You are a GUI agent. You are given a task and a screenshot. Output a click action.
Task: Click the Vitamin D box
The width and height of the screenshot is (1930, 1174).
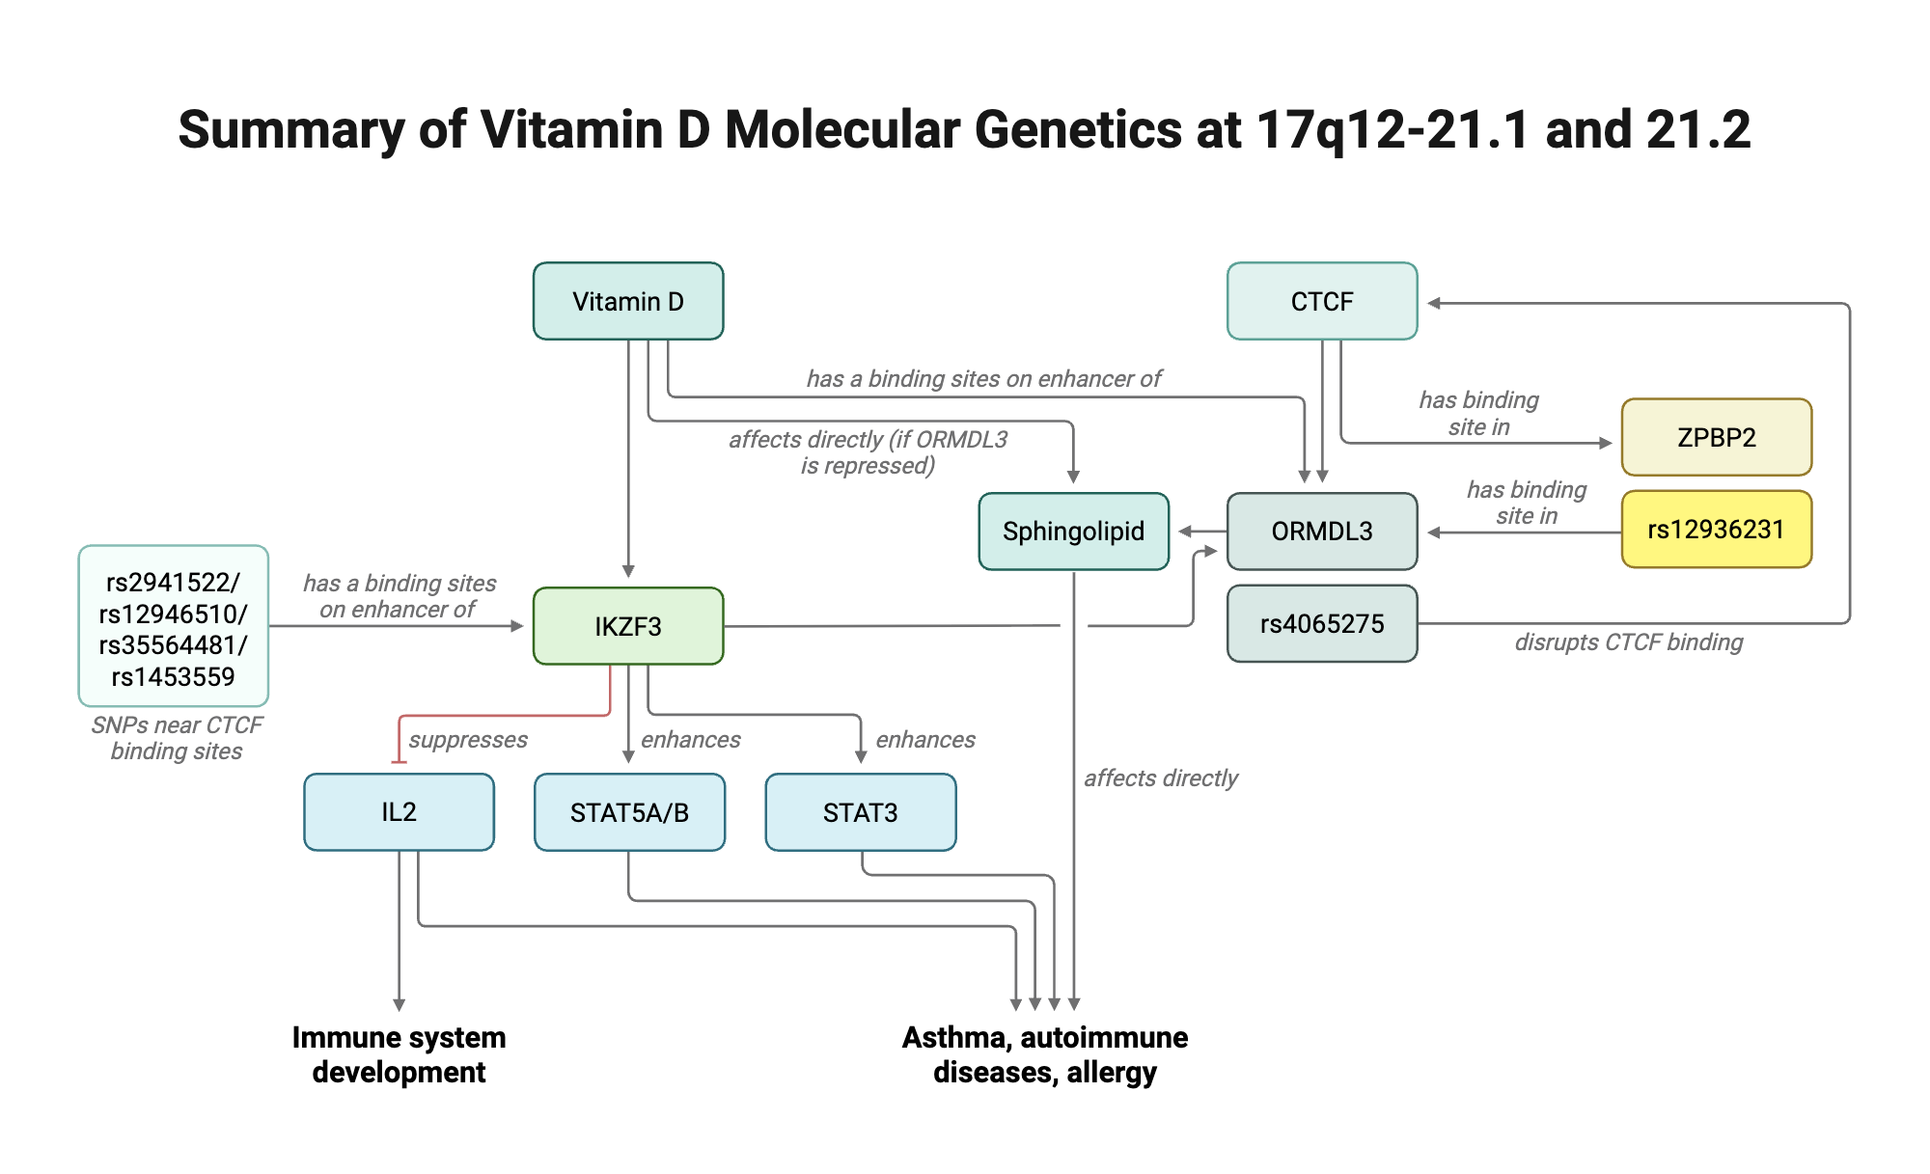point(628,301)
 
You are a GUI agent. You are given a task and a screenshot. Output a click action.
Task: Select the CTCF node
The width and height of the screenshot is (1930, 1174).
point(1322,301)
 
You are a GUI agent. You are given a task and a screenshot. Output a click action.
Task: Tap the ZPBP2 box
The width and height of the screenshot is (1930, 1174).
point(1716,437)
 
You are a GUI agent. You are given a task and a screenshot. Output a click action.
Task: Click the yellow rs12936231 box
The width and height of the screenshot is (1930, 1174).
point(1716,529)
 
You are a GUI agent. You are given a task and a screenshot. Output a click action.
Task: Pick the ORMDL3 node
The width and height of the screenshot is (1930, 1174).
point(1322,531)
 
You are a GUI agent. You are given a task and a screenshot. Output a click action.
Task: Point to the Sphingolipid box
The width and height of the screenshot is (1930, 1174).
point(1073,531)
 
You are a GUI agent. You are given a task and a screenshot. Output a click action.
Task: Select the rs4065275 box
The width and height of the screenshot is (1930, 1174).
point(1322,623)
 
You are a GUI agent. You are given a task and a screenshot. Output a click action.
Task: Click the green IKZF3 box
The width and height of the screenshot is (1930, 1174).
point(628,626)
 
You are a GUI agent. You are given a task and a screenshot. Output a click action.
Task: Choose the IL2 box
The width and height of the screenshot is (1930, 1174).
point(399,811)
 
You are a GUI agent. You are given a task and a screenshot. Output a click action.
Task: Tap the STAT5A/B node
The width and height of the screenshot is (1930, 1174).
point(629,812)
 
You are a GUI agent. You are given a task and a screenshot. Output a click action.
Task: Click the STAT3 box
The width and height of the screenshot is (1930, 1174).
point(860,812)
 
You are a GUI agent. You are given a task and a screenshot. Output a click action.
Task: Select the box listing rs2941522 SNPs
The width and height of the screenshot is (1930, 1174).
point(173,627)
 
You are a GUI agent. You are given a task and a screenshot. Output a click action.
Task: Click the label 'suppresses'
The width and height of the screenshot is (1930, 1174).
point(468,740)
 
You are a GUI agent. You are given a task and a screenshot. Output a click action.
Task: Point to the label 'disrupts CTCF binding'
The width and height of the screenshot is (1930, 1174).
point(1629,642)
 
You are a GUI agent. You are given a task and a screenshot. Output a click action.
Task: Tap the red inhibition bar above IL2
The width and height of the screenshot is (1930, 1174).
point(399,762)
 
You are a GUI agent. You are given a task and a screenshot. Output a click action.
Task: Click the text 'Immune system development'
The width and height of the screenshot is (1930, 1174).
point(399,1054)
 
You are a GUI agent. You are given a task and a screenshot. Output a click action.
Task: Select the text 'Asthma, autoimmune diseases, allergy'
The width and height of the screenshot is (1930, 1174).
point(1044,1054)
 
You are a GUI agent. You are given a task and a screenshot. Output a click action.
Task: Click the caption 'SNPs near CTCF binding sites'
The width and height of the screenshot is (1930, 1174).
point(177,738)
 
